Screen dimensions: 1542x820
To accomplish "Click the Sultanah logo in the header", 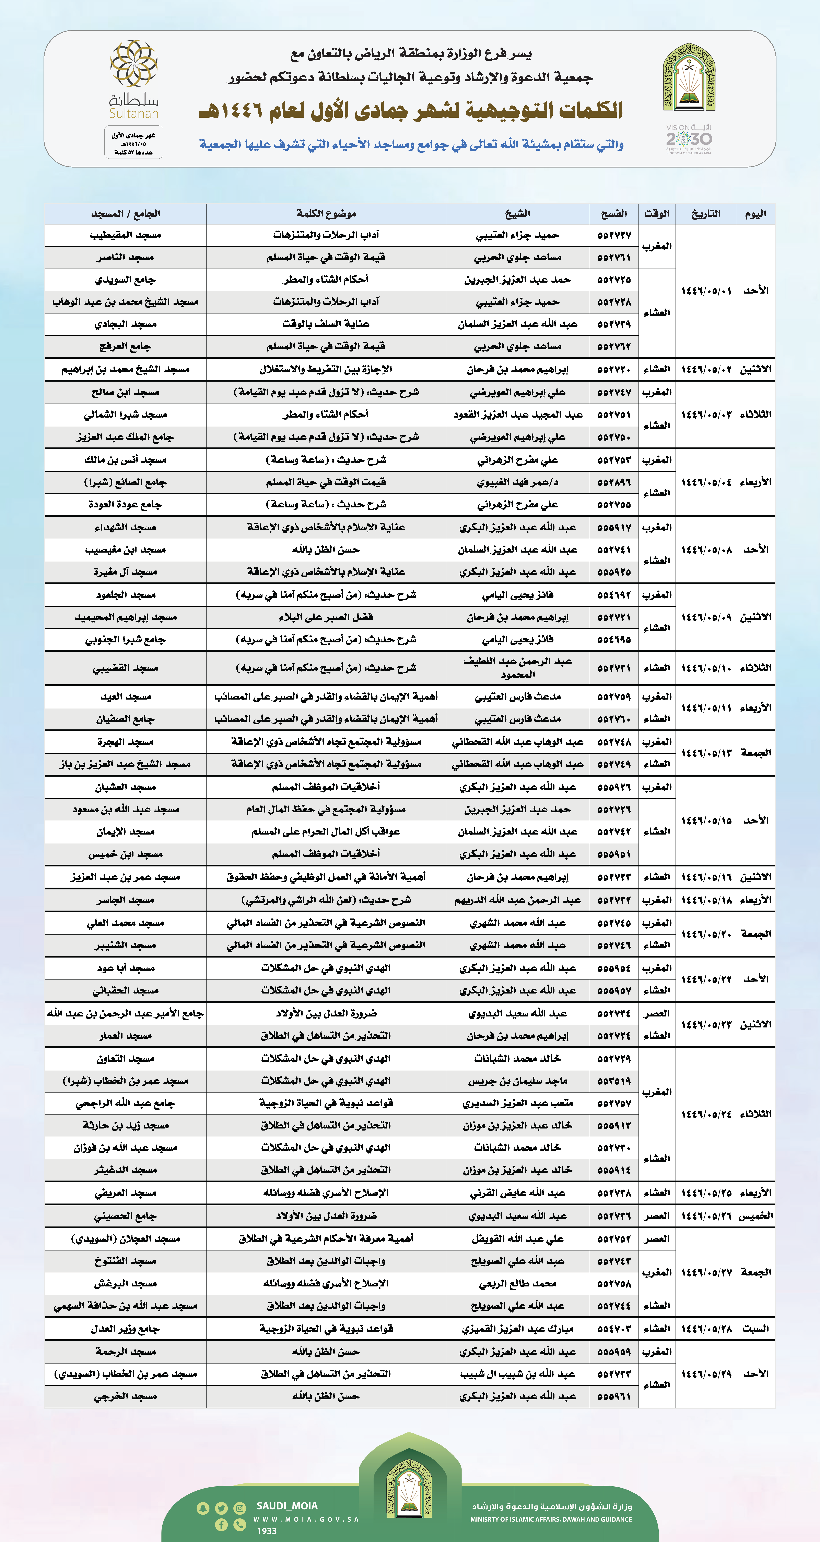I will tap(133, 79).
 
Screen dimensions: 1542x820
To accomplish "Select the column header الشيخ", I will tap(517, 214).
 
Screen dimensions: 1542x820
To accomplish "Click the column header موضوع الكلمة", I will tap(326, 214).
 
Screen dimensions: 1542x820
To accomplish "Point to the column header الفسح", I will tap(614, 214).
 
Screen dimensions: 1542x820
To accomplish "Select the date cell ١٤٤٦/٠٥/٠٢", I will tap(706, 369).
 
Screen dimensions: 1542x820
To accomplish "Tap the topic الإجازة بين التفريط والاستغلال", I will tap(326, 369).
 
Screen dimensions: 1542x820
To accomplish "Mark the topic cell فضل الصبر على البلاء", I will tap(326, 617).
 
